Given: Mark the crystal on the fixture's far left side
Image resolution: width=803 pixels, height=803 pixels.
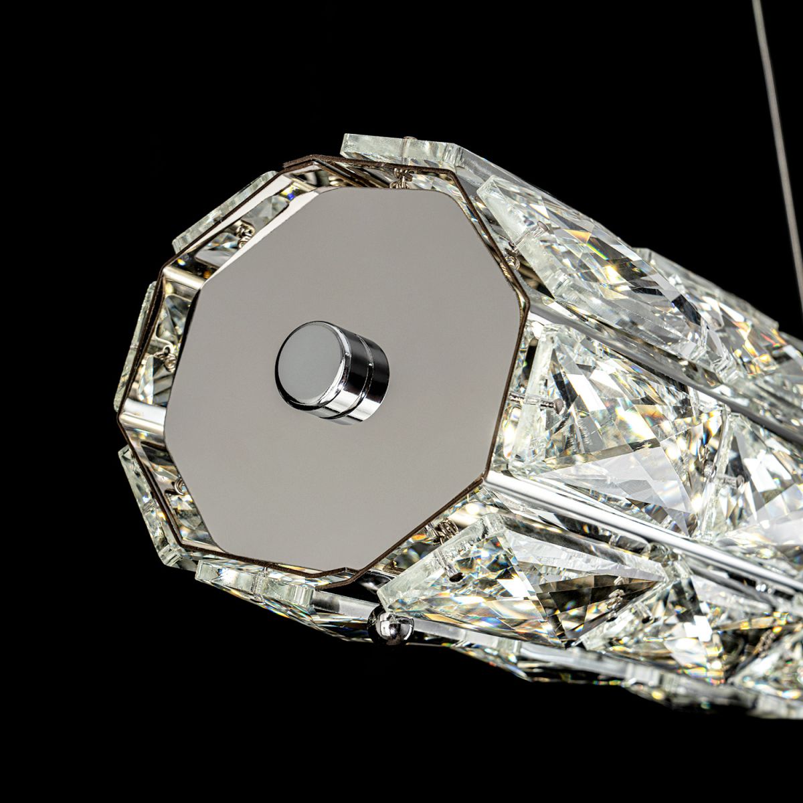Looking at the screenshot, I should click(134, 348).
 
